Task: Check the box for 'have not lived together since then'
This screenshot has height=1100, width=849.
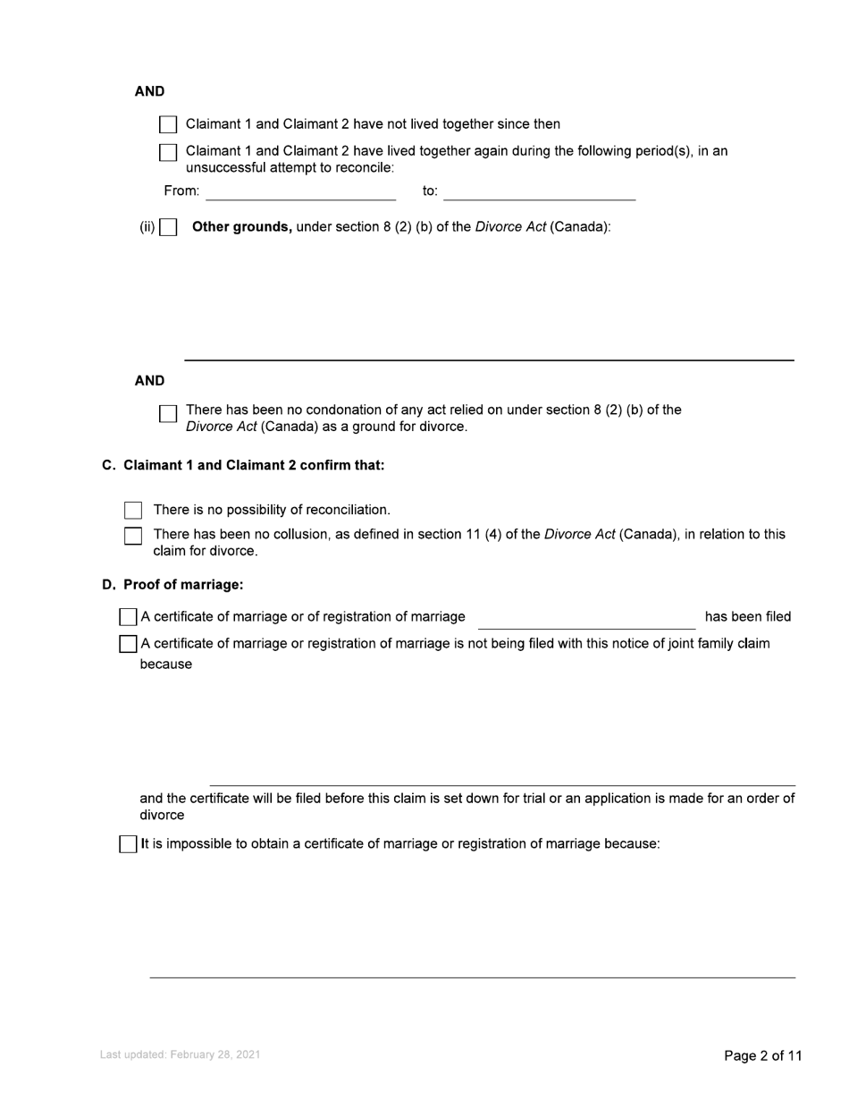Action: pyautogui.click(x=168, y=125)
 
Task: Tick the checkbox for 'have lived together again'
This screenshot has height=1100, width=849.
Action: pyautogui.click(x=168, y=152)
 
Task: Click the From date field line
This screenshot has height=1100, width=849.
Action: pyautogui.click(x=300, y=192)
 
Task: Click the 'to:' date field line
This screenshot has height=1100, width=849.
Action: pyautogui.click(x=539, y=192)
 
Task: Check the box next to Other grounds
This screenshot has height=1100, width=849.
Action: pyautogui.click(x=168, y=227)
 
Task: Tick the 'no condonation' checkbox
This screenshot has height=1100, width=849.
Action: pyautogui.click(x=168, y=413)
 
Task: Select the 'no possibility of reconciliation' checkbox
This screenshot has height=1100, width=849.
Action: pyautogui.click(x=133, y=511)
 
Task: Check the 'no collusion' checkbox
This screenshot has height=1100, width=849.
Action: pyautogui.click(x=133, y=536)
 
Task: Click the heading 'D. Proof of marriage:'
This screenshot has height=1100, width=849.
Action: pyautogui.click(x=172, y=585)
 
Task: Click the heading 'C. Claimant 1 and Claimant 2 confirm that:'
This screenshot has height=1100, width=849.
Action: pyautogui.click(x=243, y=466)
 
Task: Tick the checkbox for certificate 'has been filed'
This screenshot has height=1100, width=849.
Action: pyautogui.click(x=128, y=617)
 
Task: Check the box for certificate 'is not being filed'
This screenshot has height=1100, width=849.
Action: pyautogui.click(x=128, y=644)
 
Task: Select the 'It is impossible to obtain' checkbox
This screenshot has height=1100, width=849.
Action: pyautogui.click(x=128, y=844)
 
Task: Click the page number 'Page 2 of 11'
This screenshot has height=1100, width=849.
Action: pyautogui.click(x=762, y=1056)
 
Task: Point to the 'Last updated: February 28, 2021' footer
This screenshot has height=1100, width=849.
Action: pyautogui.click(x=181, y=1055)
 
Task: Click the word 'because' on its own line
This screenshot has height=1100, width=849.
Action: pyautogui.click(x=166, y=664)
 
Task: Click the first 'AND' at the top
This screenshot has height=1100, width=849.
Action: pyautogui.click(x=149, y=92)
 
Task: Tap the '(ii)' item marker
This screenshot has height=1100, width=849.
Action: pyautogui.click(x=147, y=227)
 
